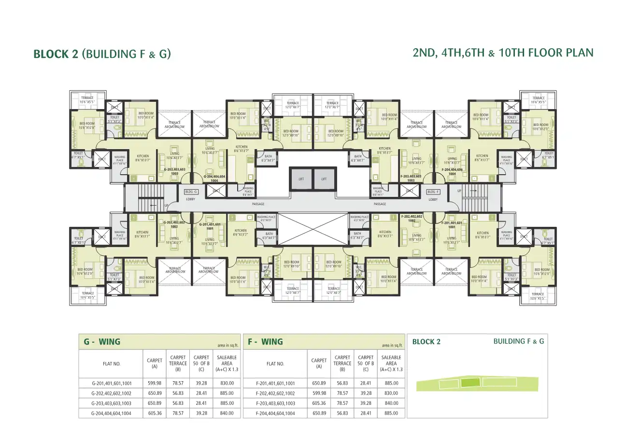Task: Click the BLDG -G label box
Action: [192, 192]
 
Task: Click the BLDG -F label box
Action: [433, 192]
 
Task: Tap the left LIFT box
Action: [301, 179]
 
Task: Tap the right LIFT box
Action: [324, 179]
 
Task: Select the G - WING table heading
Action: [102, 342]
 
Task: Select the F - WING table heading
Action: [265, 342]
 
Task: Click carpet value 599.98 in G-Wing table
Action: [155, 383]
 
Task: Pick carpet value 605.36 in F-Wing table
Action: [319, 403]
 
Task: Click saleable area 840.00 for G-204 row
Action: [227, 413]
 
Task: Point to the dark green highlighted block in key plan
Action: [470, 383]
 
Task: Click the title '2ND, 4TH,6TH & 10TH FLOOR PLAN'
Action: [503, 53]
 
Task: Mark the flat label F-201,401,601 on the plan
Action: [452, 224]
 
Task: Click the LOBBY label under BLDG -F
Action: [433, 199]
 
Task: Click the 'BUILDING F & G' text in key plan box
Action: [518, 341]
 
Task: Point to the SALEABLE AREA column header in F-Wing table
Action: [391, 363]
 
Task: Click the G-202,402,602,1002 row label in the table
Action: [111, 393]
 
